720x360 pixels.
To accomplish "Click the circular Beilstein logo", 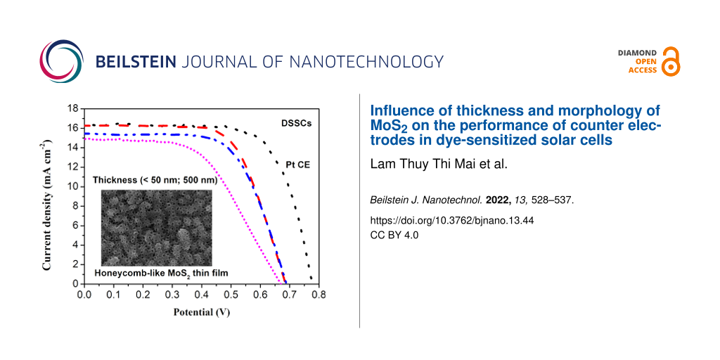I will pyautogui.click(x=62, y=62).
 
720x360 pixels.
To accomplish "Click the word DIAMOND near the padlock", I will pyautogui.click(x=637, y=53).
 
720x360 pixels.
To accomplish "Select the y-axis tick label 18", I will pyautogui.click(x=72, y=109).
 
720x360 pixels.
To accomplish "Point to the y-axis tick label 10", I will pyautogui.click(x=72, y=187).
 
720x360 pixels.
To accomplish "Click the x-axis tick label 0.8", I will pyautogui.click(x=318, y=295).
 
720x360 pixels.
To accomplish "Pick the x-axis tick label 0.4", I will pyautogui.click(x=200, y=295).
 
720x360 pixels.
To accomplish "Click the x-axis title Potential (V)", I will pyautogui.click(x=202, y=311).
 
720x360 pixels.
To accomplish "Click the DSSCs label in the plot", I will pyautogui.click(x=297, y=123).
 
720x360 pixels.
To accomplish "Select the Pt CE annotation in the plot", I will pyautogui.click(x=297, y=165).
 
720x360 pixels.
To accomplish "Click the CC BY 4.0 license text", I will pyautogui.click(x=394, y=235).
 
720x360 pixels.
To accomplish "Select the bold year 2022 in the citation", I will pyautogui.click(x=497, y=200).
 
